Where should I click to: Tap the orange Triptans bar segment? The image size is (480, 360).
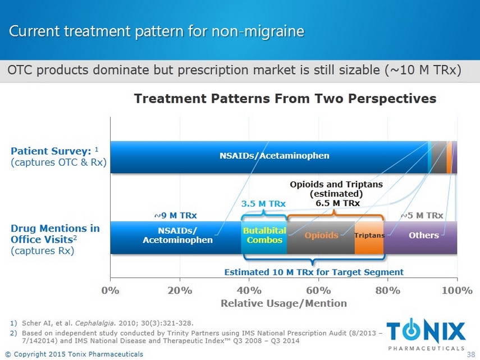(369, 236)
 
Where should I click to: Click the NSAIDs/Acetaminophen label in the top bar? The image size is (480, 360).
(275, 155)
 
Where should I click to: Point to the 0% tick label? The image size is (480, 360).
(110, 290)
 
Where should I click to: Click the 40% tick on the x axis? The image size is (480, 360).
(249, 290)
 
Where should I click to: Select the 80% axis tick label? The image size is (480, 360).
(387, 290)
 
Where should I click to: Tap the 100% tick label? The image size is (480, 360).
(457, 290)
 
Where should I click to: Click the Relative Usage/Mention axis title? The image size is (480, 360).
(284, 303)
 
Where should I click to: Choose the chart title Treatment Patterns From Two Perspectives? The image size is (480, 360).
(285, 99)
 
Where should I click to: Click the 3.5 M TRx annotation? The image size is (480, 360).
(263, 203)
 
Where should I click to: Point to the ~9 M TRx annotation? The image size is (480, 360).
(175, 215)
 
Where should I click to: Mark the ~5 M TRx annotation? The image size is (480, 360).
(422, 215)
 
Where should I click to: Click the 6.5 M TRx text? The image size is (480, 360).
(337, 203)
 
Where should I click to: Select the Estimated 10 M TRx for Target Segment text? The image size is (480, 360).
(314, 272)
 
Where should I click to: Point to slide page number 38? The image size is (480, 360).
(471, 354)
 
